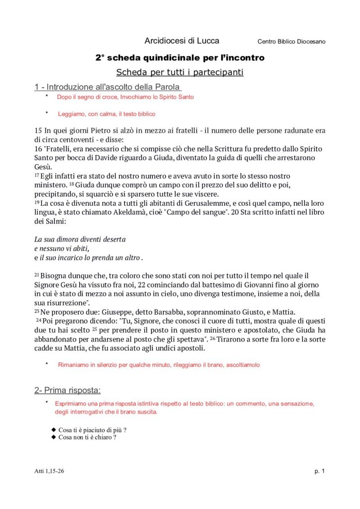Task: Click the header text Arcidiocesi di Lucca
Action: click(181, 41)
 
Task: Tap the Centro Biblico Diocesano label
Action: click(291, 42)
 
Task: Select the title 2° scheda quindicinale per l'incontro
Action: click(180, 58)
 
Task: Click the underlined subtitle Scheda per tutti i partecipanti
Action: click(180, 73)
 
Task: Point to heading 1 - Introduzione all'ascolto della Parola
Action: click(107, 87)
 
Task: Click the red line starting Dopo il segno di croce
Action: click(125, 97)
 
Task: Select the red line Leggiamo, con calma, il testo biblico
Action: click(106, 114)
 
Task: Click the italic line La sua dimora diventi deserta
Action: click(80, 239)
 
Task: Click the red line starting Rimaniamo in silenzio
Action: click(159, 365)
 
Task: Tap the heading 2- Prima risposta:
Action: click(67, 390)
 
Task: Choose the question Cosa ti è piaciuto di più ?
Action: click(92, 429)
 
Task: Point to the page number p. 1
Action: click(319, 471)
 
